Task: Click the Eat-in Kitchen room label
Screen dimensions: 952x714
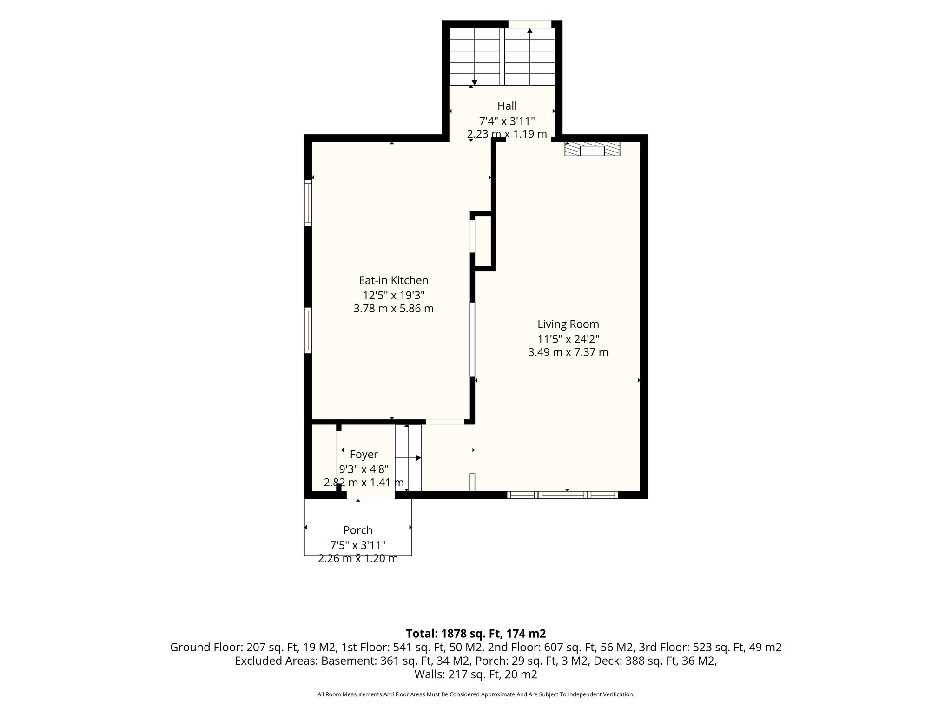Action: tap(393, 280)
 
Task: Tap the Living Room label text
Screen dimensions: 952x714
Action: tap(568, 324)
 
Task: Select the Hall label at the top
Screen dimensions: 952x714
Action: tap(507, 106)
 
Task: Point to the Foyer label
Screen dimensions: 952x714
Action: tap(364, 455)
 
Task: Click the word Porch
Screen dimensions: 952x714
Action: tap(358, 530)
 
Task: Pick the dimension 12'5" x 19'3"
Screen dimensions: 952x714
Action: tap(394, 295)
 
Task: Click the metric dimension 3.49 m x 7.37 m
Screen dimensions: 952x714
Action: tap(568, 352)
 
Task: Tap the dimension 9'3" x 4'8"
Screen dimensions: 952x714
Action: tap(364, 469)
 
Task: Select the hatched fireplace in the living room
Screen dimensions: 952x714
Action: tap(592, 149)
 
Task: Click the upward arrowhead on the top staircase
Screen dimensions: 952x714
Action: tap(529, 31)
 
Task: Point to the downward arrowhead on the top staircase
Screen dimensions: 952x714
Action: tap(474, 82)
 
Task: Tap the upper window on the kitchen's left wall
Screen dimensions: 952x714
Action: tap(308, 203)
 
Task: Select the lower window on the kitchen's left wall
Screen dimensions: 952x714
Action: tap(308, 331)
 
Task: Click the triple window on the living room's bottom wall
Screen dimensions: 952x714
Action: tap(562, 495)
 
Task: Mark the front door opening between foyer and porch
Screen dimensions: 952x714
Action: tap(370, 495)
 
